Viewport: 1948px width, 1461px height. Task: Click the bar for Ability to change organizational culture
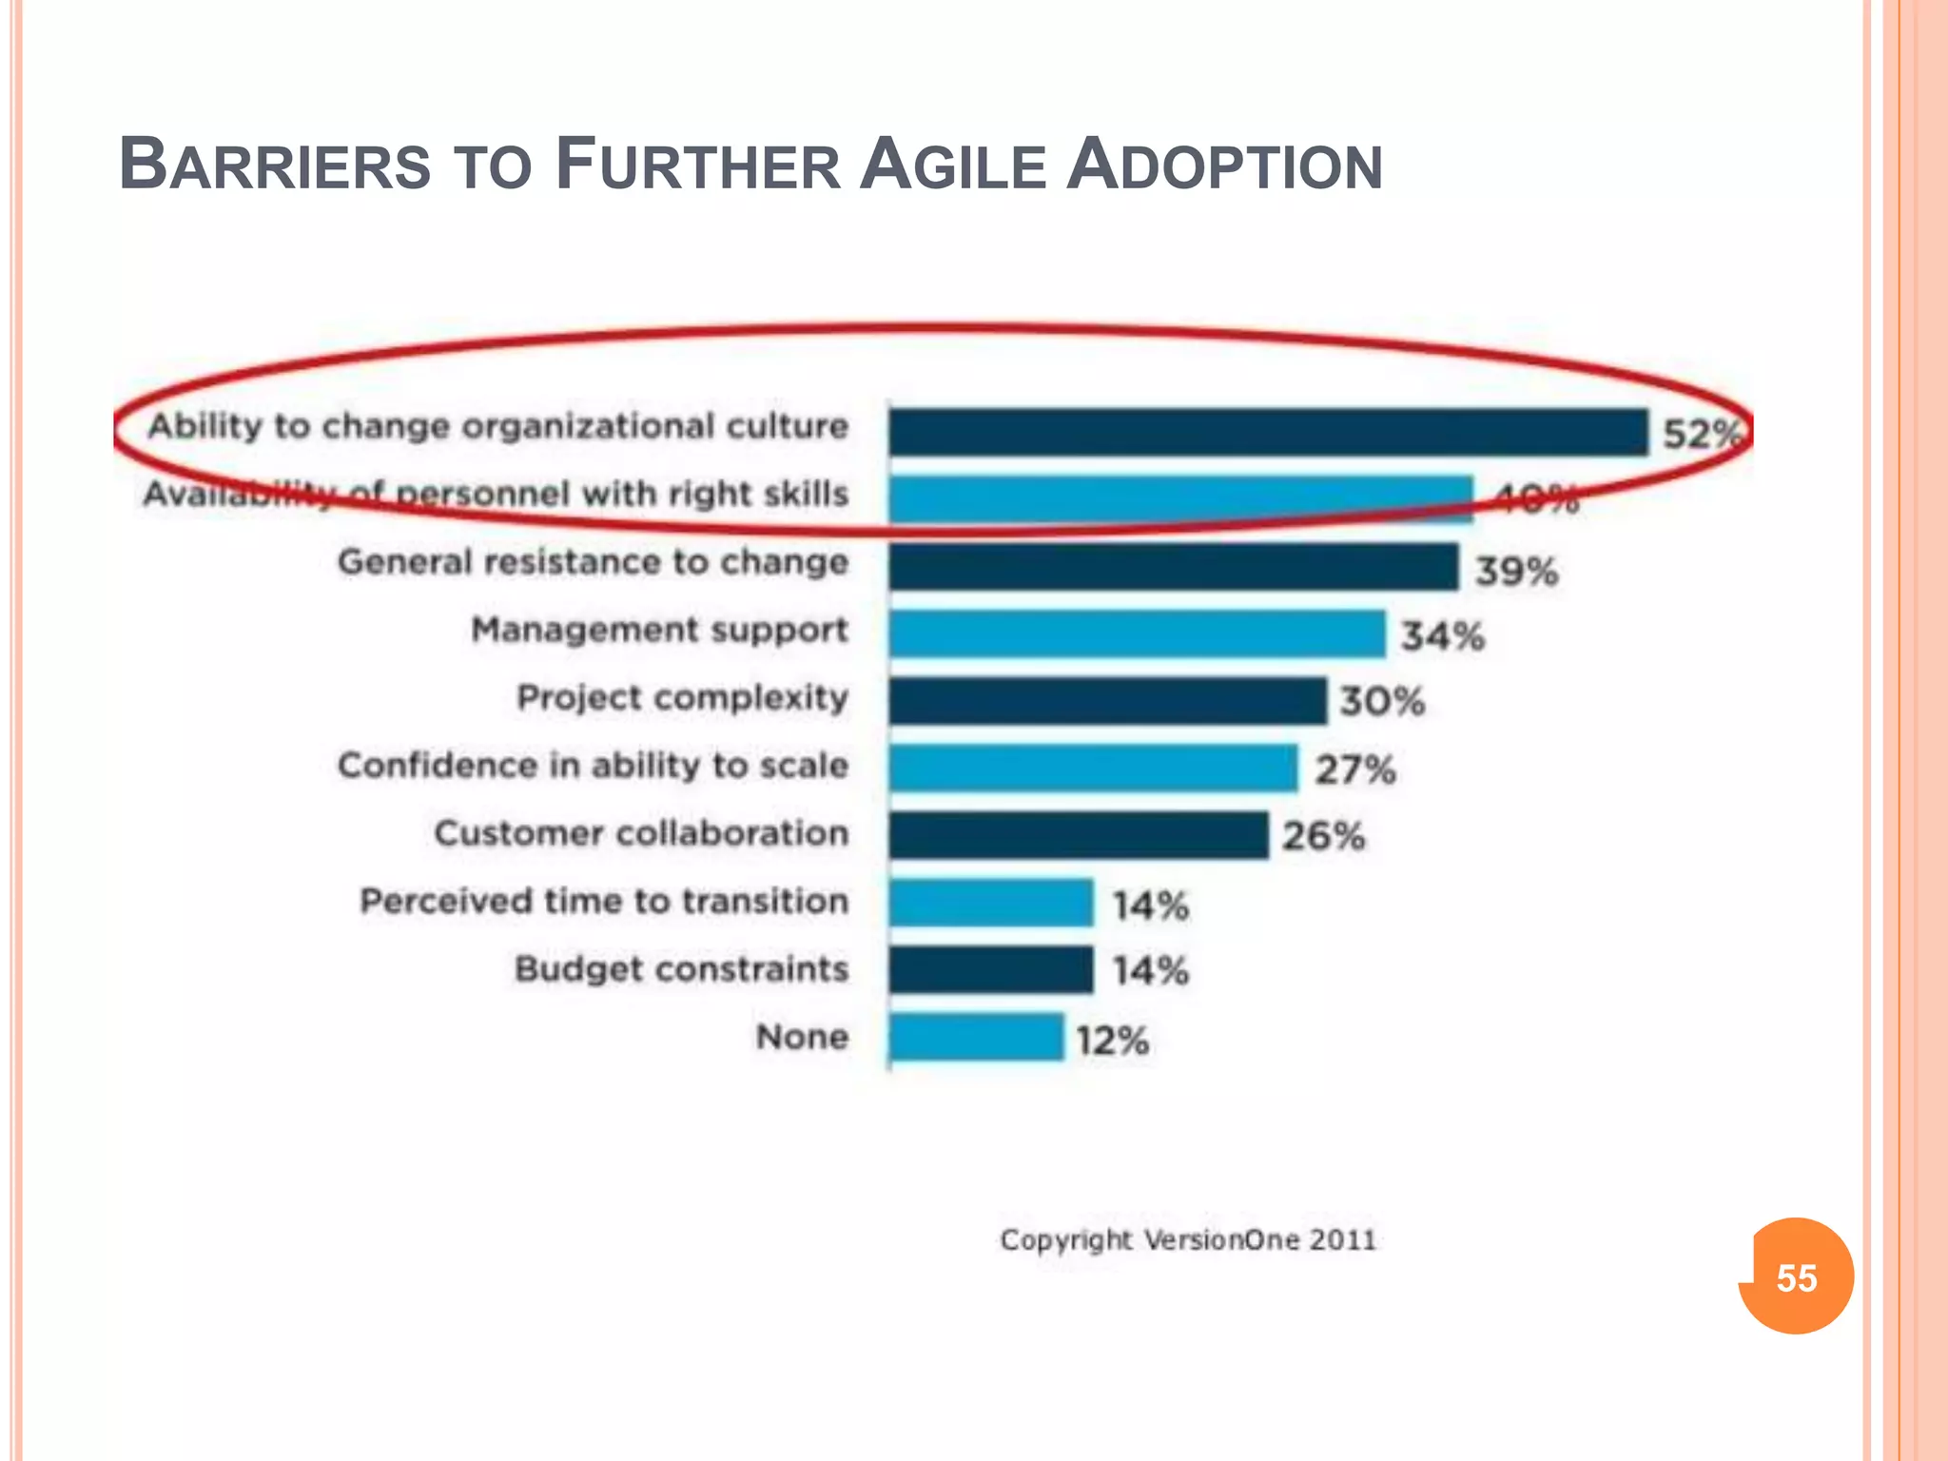click(1268, 433)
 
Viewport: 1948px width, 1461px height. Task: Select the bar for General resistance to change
click(1174, 568)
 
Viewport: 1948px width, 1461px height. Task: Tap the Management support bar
click(1138, 634)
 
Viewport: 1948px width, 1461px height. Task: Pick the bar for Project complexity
click(1108, 702)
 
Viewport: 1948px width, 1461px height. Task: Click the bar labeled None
click(977, 1038)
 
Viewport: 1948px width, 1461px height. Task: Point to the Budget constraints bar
click(991, 970)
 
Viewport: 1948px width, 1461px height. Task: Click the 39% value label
click(1516, 572)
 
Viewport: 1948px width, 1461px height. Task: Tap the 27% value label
click(1355, 769)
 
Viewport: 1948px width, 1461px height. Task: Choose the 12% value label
click(1112, 1041)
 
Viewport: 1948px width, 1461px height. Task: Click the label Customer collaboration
click(641, 833)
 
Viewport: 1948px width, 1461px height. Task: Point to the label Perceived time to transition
click(604, 901)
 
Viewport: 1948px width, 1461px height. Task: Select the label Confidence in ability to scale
click(593, 766)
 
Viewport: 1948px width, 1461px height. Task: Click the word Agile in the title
click(952, 166)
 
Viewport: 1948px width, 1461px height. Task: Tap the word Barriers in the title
click(275, 166)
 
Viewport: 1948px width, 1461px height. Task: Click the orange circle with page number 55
click(1796, 1276)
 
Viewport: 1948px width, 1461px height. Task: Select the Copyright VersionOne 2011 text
click(1188, 1240)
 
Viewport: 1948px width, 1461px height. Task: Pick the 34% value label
click(1442, 636)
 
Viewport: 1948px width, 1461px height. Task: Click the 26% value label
click(1323, 837)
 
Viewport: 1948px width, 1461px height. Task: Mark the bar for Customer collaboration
click(1079, 836)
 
